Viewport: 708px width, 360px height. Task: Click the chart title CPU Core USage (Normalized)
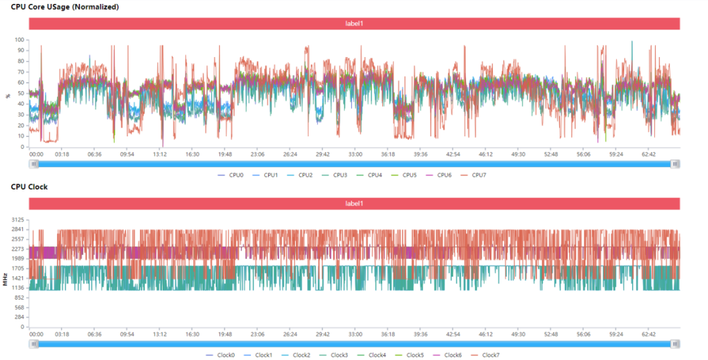pos(65,7)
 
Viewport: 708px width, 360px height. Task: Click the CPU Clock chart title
pos(29,187)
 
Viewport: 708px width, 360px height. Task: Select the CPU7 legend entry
pos(476,175)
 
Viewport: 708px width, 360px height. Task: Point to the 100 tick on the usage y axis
pos(20,40)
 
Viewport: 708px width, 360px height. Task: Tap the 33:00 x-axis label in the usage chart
pos(355,155)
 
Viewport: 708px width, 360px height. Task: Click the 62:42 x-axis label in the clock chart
pos(649,334)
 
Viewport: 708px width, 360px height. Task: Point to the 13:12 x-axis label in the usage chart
pos(159,155)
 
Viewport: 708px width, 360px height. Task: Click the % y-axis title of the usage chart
pos(8,95)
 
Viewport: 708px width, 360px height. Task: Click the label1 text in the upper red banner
pos(354,24)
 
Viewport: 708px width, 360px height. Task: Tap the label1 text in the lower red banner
pos(354,204)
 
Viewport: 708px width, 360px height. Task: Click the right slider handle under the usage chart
pos(675,164)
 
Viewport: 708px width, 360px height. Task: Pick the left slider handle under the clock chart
pos(33,344)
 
